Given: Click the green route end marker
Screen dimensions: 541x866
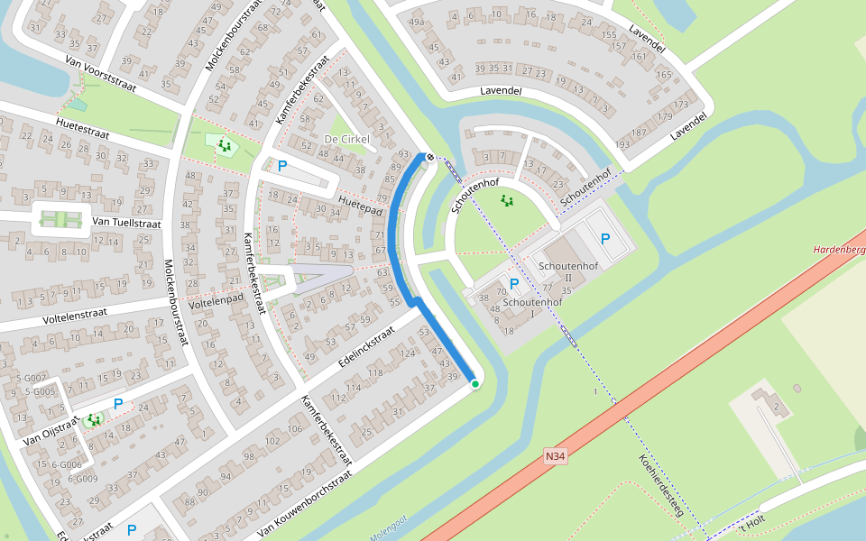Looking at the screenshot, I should point(475,384).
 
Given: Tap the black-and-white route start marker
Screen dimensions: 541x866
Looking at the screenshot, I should point(430,157).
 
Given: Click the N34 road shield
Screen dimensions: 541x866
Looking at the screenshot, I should point(556,457).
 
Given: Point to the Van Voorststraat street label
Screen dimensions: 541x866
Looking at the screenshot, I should point(99,69).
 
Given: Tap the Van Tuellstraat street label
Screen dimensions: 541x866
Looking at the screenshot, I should point(126,222).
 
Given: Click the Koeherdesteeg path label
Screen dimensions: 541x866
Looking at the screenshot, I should point(660,485).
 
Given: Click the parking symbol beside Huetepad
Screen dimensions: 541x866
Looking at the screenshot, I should point(282,166).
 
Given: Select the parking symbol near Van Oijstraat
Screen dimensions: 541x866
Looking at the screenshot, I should point(117,404).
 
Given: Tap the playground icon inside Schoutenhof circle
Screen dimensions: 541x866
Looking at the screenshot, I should point(507,200).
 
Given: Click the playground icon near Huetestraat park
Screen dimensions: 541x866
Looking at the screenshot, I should point(224,145).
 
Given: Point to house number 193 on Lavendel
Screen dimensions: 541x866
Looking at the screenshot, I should point(622,144).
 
